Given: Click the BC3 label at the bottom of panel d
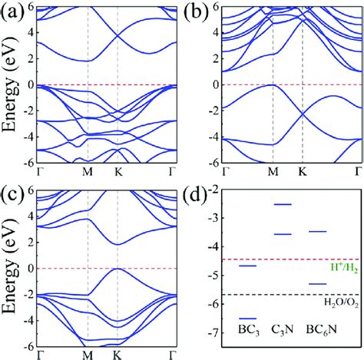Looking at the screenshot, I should pyautogui.click(x=247, y=330).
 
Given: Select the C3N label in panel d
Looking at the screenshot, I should pyautogui.click(x=283, y=330).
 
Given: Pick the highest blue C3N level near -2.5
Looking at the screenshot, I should pyautogui.click(x=283, y=204).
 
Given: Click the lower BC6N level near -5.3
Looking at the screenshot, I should pyautogui.click(x=318, y=284).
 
